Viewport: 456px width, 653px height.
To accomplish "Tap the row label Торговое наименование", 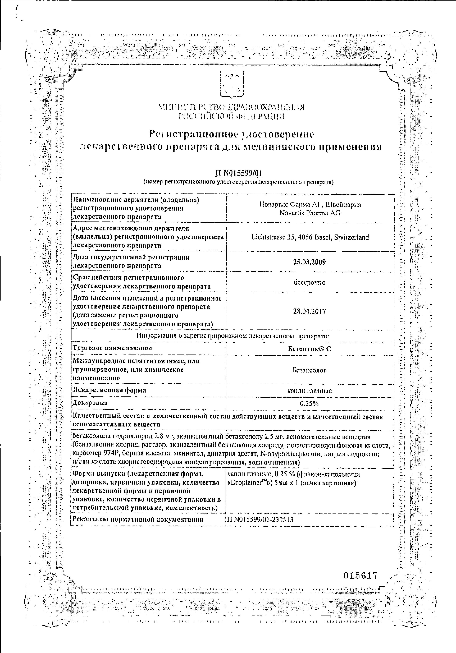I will coord(113,348).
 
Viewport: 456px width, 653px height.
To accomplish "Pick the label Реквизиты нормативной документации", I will coord(138,519).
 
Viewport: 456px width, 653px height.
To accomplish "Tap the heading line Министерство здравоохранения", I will coord(231,108).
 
